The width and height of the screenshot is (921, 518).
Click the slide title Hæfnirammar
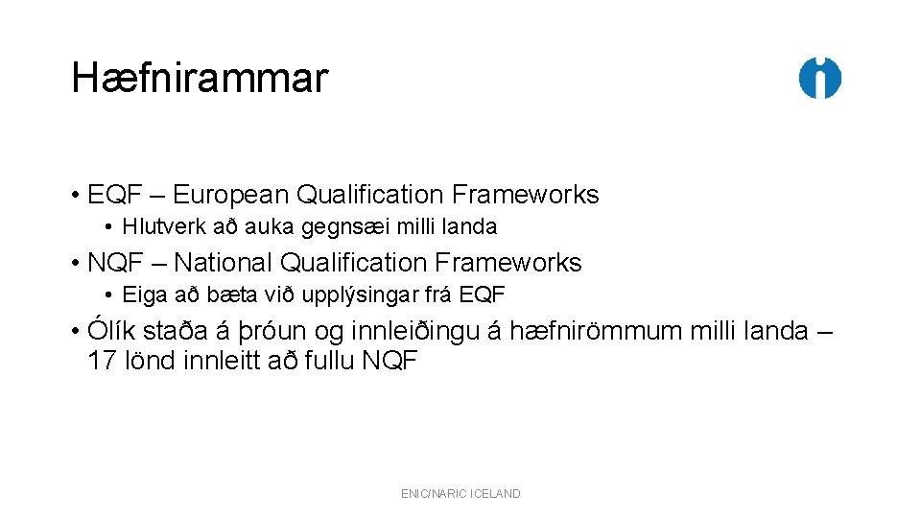(x=200, y=79)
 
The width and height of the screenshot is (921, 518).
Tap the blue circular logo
(x=820, y=79)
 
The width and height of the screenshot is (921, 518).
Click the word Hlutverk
(x=156, y=227)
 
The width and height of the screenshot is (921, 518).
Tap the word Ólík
(x=111, y=331)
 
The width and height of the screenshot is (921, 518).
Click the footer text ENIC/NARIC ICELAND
(x=460, y=493)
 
